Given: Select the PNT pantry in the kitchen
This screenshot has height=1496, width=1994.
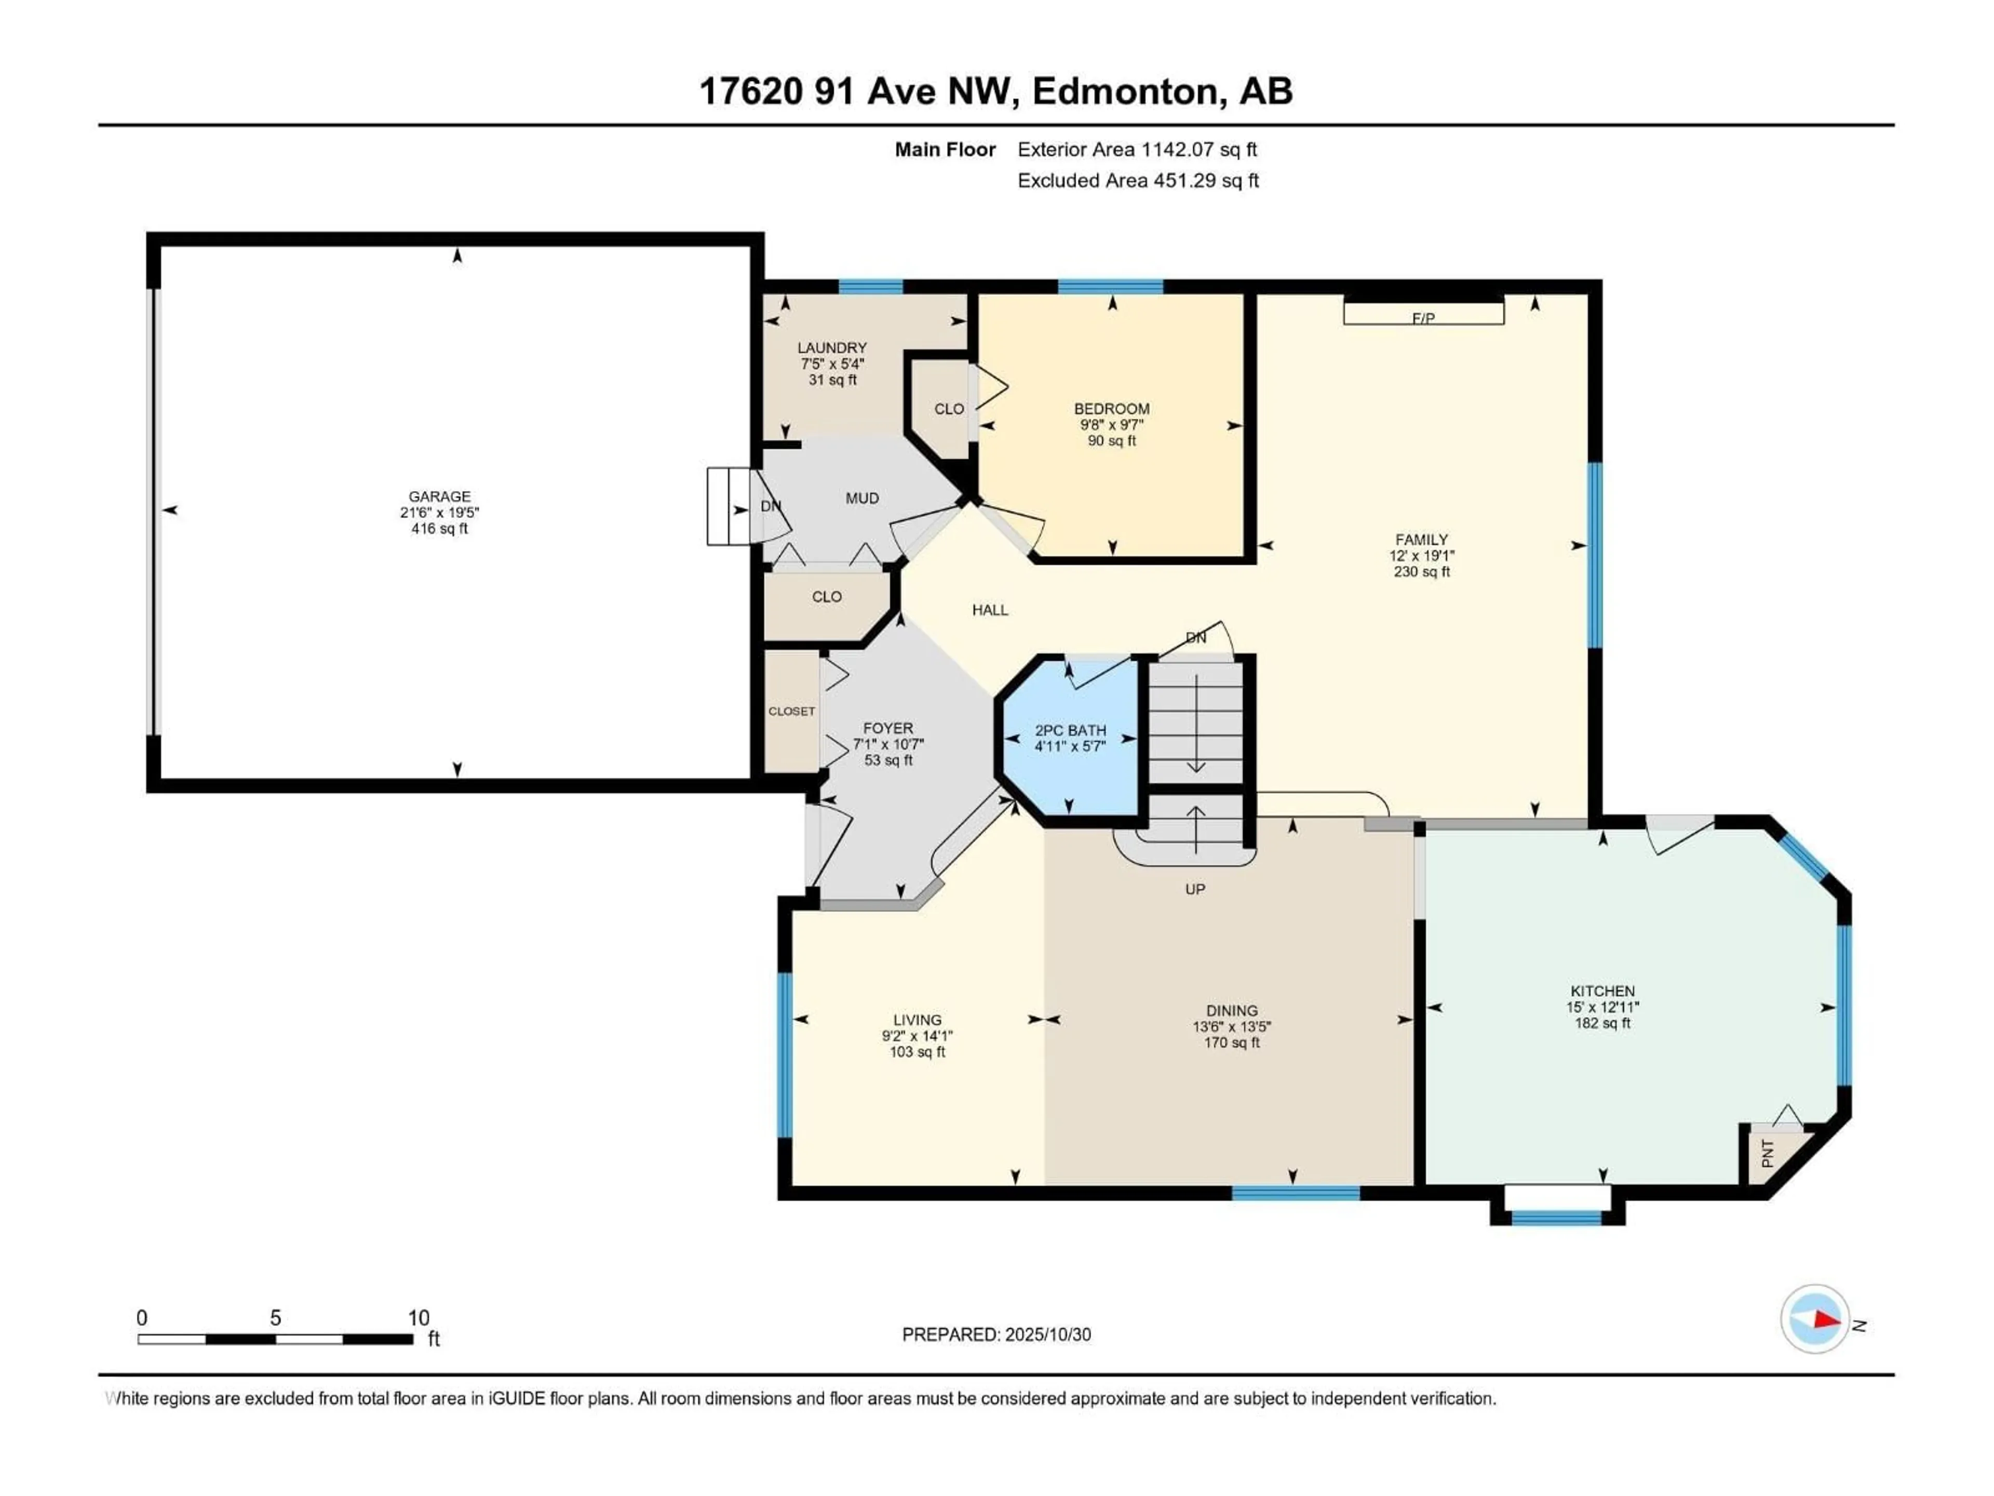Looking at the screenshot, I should [x=1768, y=1153].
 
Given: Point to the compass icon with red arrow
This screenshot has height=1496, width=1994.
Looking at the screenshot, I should [x=1815, y=1319].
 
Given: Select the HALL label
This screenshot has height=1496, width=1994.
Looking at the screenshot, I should [x=990, y=610].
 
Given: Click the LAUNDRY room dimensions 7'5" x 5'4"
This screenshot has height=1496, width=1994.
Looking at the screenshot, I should [x=832, y=364].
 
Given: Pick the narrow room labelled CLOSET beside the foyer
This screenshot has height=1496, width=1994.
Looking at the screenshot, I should [x=791, y=712].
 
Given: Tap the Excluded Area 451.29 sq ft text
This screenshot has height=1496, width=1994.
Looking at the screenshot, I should [x=1138, y=180].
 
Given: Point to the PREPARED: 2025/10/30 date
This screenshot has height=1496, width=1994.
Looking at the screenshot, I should [x=996, y=1334].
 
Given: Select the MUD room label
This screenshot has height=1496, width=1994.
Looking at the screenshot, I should [x=862, y=498].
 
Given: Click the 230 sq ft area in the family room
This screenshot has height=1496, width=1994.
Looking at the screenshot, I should [x=1422, y=572].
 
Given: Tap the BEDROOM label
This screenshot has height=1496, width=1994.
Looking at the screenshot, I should [x=1111, y=408].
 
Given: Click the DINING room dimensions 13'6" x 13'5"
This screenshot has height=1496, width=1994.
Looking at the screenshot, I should [x=1231, y=1026].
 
